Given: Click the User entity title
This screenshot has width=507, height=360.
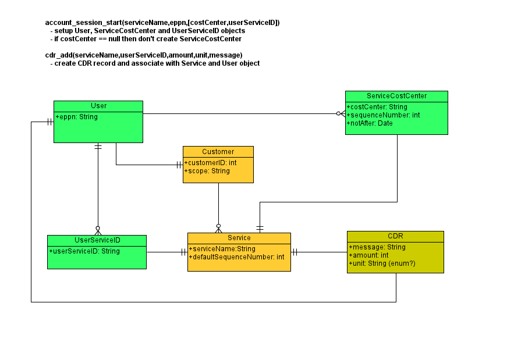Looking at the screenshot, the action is coord(98,106).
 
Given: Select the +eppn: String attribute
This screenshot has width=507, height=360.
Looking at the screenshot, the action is coord(77,117).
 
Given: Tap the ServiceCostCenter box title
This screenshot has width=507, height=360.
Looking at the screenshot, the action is coord(397,96).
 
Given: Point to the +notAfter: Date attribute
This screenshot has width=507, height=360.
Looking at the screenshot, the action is coord(370,123).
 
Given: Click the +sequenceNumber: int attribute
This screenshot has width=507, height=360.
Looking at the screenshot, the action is coord(383,115).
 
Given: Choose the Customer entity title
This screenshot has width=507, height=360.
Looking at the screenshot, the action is coord(218,152).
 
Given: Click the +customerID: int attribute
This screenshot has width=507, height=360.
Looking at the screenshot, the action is coord(211,162).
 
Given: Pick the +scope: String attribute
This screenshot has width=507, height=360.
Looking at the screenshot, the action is coord(207,171).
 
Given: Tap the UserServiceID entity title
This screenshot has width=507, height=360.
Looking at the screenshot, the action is coord(97,240).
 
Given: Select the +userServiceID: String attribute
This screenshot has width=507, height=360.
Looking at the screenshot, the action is coord(84,251).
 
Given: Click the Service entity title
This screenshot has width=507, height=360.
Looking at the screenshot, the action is coord(239,238).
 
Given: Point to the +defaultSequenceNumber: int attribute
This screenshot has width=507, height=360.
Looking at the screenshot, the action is coord(237,257).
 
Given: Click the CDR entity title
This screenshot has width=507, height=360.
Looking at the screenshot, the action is coord(395,236).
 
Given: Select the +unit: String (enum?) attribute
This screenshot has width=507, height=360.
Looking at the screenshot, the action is coord(382,263).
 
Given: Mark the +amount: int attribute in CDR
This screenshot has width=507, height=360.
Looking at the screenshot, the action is coord(368,255).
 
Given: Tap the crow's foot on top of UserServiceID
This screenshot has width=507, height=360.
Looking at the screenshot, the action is coord(98,231).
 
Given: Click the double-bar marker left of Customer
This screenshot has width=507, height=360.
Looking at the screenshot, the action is coord(179,165).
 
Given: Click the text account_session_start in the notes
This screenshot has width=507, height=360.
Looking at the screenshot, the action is coord(83,23).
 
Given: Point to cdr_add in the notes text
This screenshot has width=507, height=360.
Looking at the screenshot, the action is coord(59,55).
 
